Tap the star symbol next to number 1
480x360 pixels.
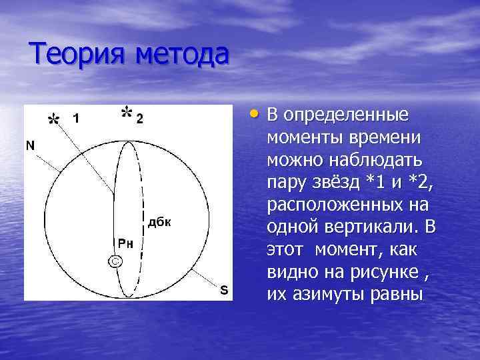[x=53, y=119]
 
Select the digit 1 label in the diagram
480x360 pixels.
[x=77, y=119]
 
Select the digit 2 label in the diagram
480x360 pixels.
[x=139, y=119]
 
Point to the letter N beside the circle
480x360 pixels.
[x=31, y=145]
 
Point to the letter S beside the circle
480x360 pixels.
[x=223, y=290]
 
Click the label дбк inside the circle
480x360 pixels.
[x=159, y=223]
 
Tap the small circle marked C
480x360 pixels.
[x=115, y=262]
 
